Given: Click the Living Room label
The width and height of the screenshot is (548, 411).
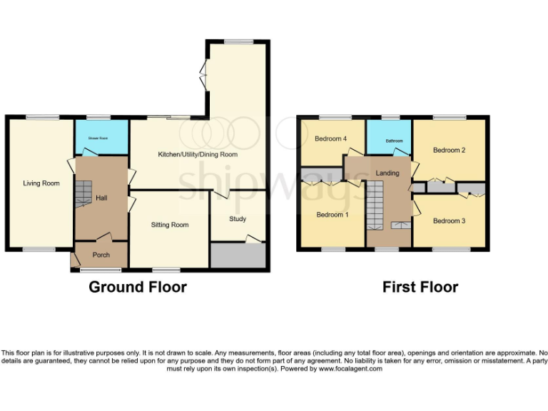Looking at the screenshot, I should coord(41,183).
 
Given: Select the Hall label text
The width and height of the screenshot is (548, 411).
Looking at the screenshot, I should coord(101,198).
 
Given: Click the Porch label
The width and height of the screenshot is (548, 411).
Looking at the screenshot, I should coord(101,255).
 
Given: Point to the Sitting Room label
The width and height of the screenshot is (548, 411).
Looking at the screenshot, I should coord(170,225).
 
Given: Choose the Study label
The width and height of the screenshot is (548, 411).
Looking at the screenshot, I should coord(238,219).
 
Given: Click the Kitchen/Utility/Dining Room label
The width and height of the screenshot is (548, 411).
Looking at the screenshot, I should coord(198,154).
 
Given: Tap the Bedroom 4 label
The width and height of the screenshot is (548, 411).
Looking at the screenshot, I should coord(331,138).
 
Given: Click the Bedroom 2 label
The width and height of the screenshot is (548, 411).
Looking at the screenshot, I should coord(449,150).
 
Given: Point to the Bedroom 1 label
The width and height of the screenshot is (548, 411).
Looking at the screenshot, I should coord(332,215).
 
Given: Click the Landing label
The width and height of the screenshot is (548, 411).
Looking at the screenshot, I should coord(387,173).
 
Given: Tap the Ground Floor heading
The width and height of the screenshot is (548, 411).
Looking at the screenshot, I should coord(138,287).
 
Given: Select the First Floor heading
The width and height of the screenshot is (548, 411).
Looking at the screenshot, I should coord(420,287).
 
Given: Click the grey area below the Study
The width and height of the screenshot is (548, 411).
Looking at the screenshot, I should coord(238,255).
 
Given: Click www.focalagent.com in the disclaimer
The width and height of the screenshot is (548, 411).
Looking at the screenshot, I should coord(350,369).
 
